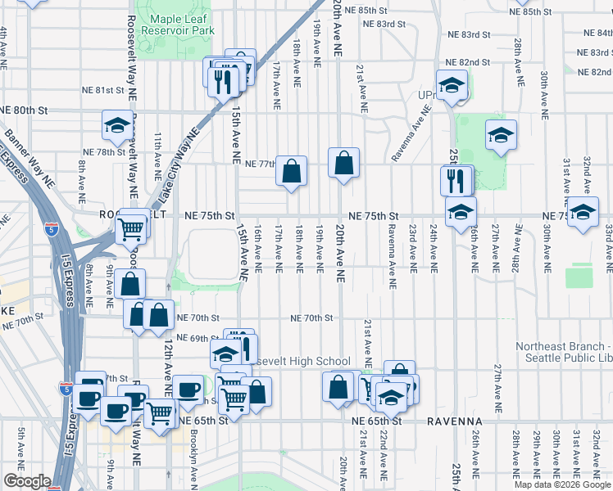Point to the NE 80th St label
tap(25, 110)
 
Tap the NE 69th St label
tap(193, 338)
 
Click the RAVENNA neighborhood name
tap(453, 421)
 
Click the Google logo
tap(27, 480)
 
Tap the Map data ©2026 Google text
tap(562, 484)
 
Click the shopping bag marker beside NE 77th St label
tap(291, 172)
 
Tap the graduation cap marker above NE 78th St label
tap(117, 126)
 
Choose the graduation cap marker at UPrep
tap(451, 85)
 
